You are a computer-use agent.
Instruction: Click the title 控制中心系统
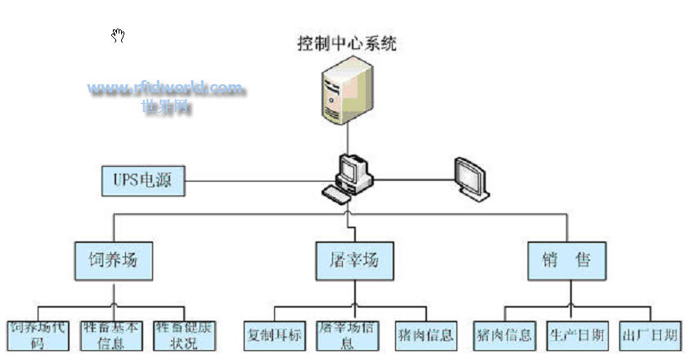click(x=347, y=43)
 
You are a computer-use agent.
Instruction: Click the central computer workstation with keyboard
click(x=349, y=178)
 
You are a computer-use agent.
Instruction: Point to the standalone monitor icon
click(x=471, y=178)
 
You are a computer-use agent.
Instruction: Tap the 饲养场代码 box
click(x=38, y=335)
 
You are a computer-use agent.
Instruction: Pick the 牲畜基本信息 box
click(x=111, y=335)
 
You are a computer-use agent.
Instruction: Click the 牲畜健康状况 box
click(x=186, y=335)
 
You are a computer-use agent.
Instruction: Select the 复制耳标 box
click(x=274, y=335)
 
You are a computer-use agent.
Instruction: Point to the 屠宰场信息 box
click(x=347, y=335)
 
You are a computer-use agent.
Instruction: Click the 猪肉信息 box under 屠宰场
click(x=425, y=335)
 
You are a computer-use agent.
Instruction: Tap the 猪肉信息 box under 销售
click(x=504, y=335)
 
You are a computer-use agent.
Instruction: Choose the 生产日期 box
click(x=576, y=335)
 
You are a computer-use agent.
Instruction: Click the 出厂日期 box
click(x=649, y=335)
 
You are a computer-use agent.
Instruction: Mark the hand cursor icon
click(x=119, y=35)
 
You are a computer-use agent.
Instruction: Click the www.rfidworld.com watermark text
click(x=166, y=88)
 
